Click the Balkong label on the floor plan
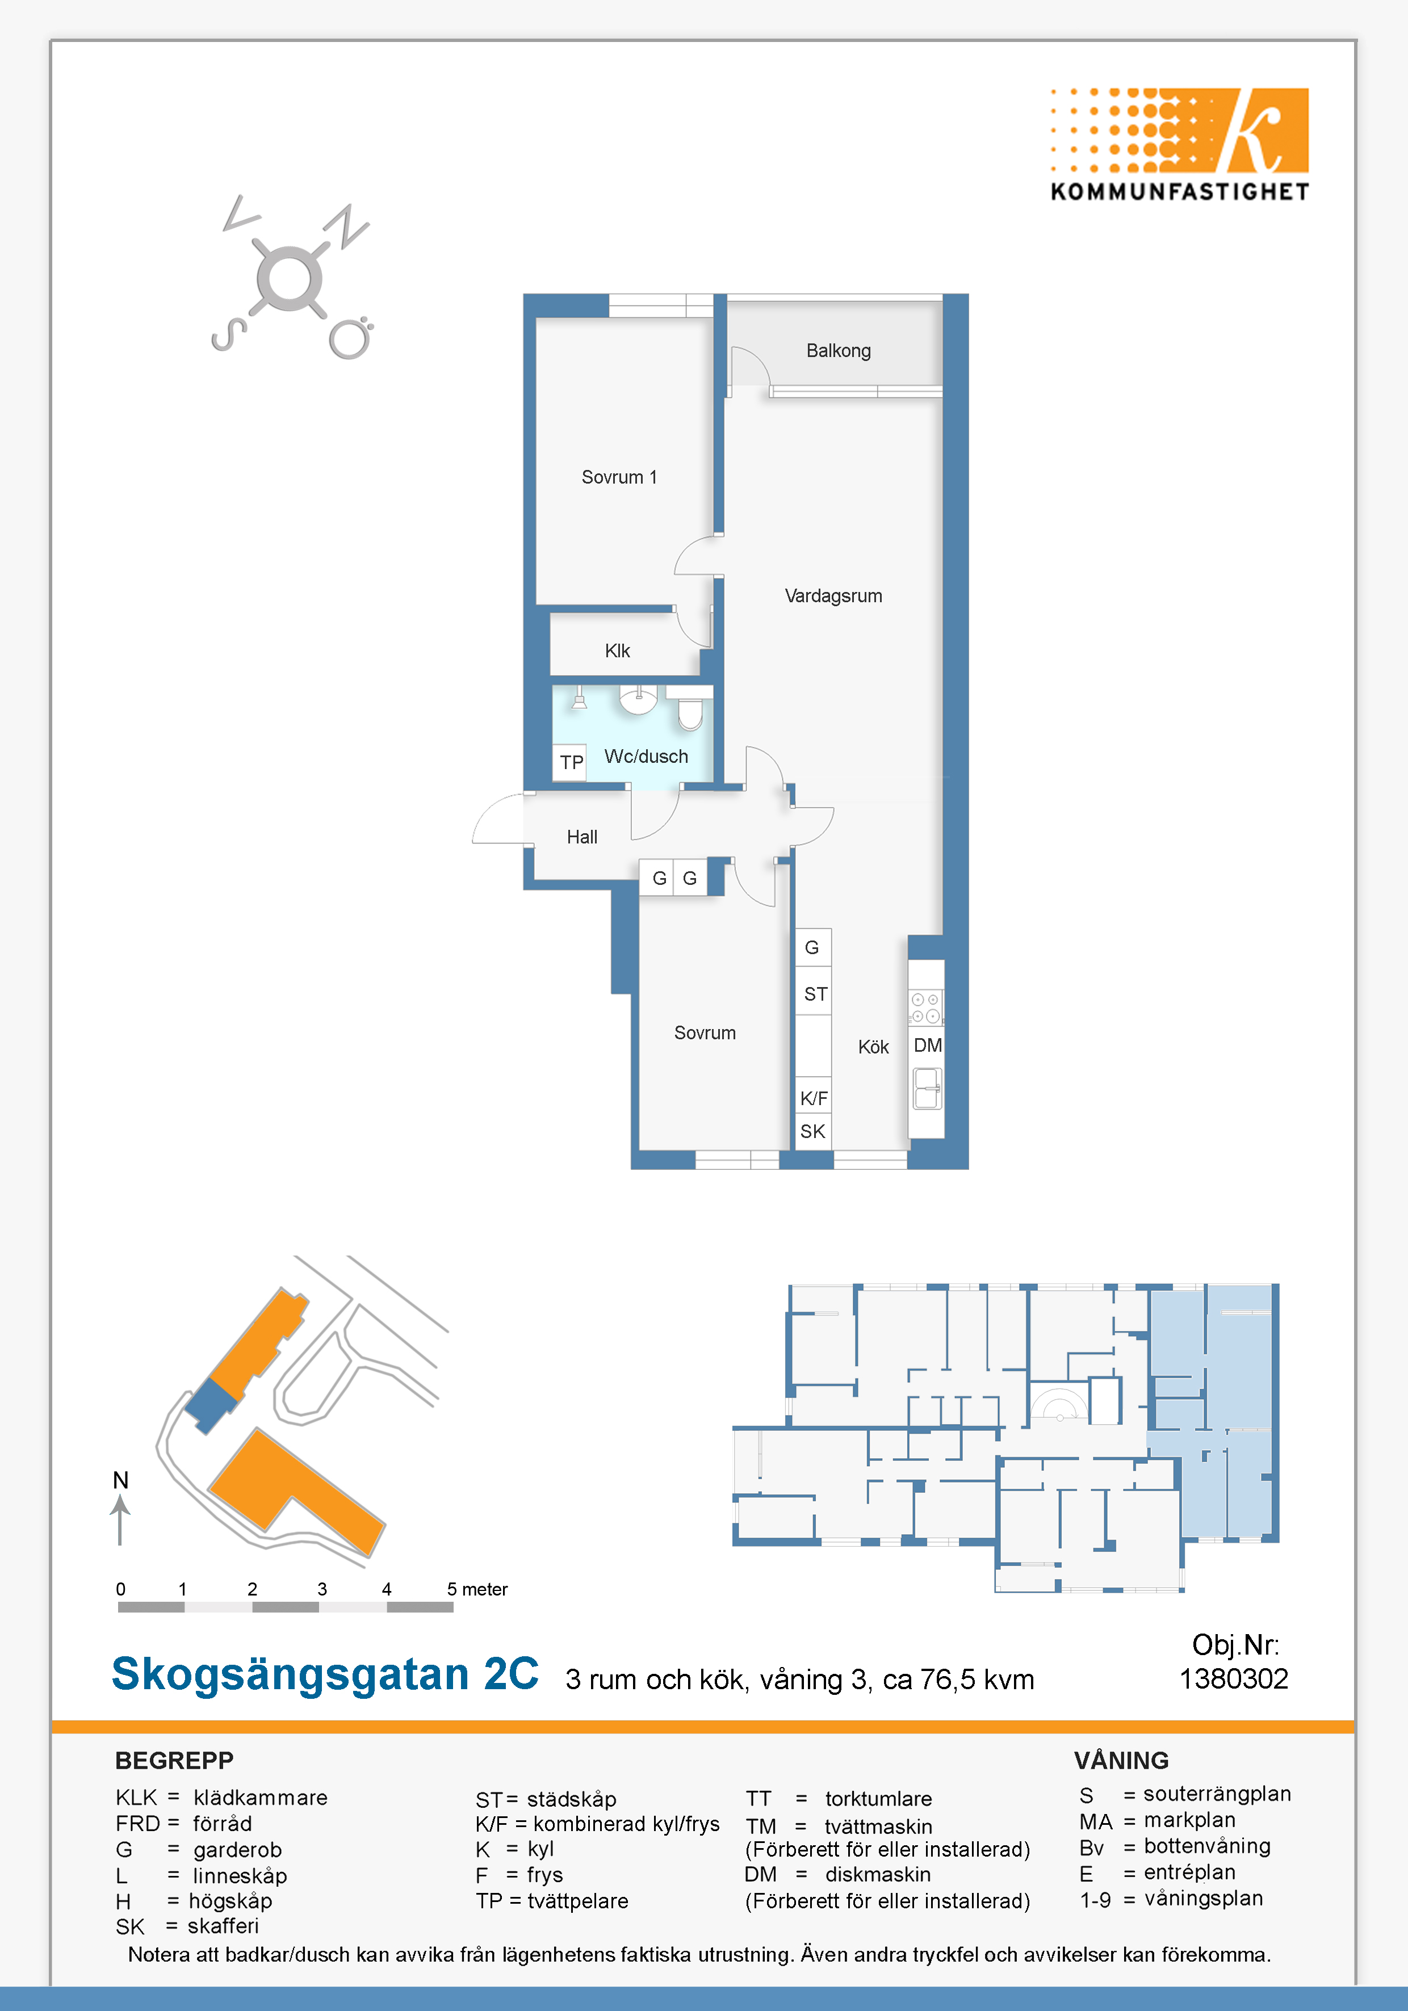(839, 351)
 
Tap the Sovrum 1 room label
(619, 477)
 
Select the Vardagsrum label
(833, 597)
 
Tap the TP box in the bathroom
(571, 762)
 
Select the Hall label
(582, 837)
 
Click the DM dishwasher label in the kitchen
(928, 1045)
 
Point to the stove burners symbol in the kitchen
(925, 1007)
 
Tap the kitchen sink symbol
(927, 1089)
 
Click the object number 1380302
(1234, 1678)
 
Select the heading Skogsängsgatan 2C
(325, 1674)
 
